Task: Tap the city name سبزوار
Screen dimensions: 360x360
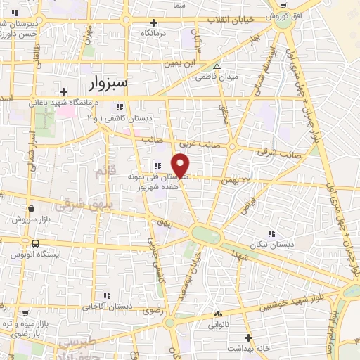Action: click(109, 84)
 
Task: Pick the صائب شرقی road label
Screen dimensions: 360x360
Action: click(279, 151)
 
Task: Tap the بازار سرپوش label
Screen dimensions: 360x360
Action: click(31, 219)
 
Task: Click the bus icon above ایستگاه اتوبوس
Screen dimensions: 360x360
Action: click(35, 243)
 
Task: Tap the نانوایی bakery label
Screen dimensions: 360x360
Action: click(217, 326)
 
